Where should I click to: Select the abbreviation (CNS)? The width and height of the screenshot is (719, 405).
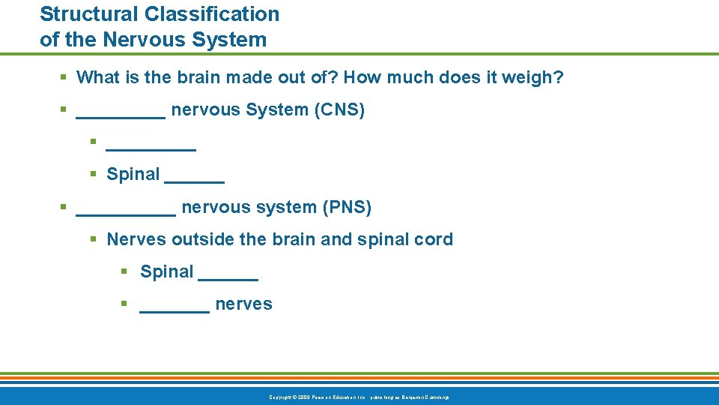(340, 109)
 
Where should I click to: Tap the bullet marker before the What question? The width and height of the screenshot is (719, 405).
(64, 76)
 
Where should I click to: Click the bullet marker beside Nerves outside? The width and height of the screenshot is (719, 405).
(94, 239)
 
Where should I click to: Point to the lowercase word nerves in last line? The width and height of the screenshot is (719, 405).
(243, 304)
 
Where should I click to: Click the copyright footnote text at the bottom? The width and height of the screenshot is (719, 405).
(359, 396)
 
